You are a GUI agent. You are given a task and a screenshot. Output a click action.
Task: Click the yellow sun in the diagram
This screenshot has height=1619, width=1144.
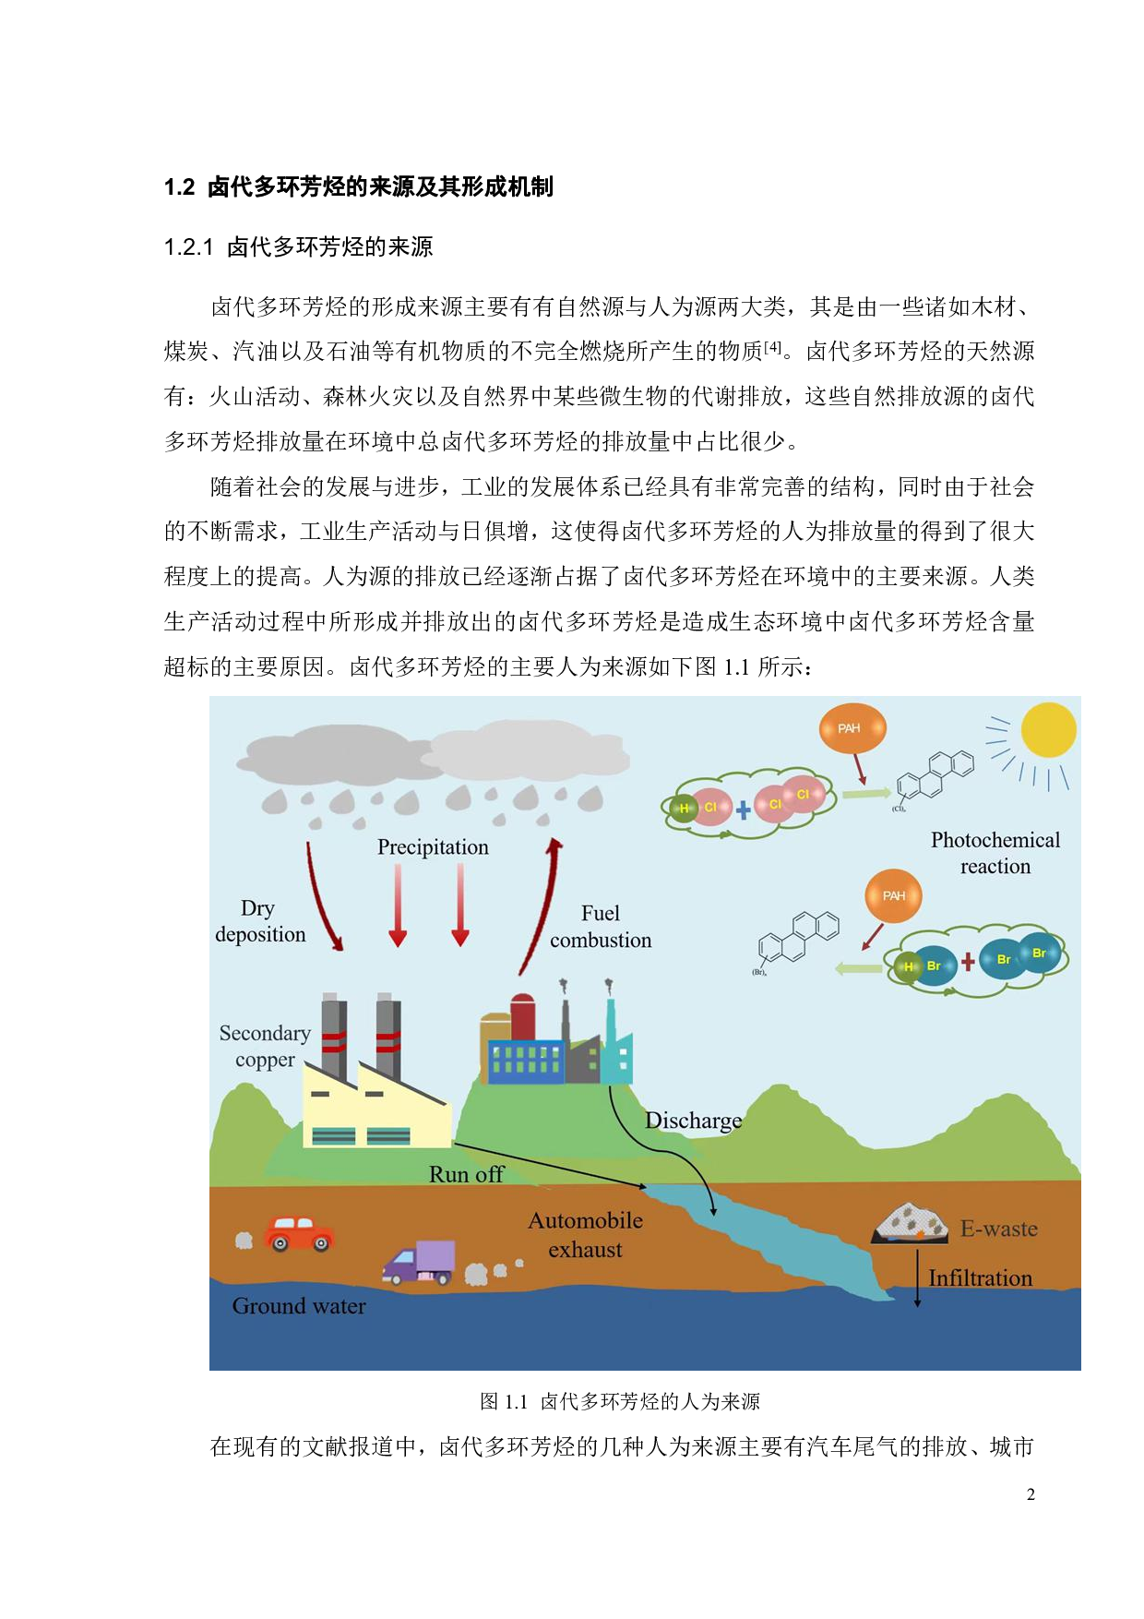[1048, 730]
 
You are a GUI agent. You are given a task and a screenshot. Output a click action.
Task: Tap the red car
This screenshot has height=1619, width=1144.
[298, 1233]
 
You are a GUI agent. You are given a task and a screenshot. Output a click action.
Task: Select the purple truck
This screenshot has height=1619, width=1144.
[420, 1262]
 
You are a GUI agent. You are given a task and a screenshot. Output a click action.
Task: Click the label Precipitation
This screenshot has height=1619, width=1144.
[433, 847]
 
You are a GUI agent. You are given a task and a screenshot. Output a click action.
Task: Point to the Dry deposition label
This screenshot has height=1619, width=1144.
[260, 921]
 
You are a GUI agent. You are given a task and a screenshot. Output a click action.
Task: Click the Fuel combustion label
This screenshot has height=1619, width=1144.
[601, 927]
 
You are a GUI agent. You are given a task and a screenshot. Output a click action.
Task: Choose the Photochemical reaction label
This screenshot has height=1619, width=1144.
[995, 853]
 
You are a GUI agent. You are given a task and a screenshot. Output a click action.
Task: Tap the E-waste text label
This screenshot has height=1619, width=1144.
[998, 1229]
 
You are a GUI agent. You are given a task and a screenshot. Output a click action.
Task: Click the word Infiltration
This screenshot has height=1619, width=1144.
[980, 1278]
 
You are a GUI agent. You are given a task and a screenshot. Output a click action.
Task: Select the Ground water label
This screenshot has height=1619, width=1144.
[299, 1306]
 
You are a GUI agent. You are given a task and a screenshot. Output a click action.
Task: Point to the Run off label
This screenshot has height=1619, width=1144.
[466, 1174]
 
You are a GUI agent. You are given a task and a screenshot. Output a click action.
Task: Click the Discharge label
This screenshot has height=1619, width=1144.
[693, 1121]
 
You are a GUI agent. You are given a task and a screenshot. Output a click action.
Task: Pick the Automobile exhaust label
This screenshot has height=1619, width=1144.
[585, 1235]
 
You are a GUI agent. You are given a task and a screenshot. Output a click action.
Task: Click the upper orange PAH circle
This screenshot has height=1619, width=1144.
[850, 728]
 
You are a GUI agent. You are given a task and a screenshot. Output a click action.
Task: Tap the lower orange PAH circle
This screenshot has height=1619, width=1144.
[893, 895]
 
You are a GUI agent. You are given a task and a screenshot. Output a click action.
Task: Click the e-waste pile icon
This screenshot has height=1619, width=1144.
[910, 1224]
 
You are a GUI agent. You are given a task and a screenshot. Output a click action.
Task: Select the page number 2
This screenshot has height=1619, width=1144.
[1031, 1494]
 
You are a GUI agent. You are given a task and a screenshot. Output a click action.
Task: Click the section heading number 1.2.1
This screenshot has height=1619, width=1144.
[188, 247]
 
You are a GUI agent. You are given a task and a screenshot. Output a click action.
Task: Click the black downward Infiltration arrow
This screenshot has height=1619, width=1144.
[917, 1278]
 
